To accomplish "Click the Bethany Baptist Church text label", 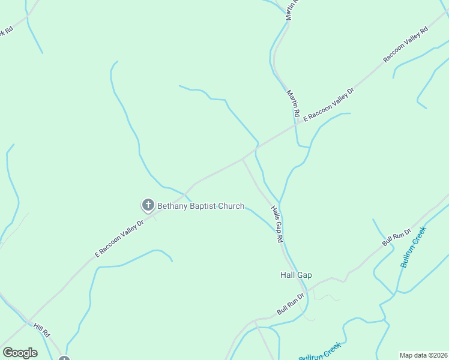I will (x=200, y=206).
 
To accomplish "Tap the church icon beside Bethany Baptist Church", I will (x=148, y=206).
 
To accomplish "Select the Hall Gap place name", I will (x=296, y=275).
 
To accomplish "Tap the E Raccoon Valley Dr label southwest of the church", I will (x=119, y=239).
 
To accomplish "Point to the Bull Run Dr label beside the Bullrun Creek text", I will (x=397, y=237).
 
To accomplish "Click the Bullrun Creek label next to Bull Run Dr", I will (x=414, y=247).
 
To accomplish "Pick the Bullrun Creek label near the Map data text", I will (x=320, y=352).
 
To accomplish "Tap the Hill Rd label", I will (x=41, y=329).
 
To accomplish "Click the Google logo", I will (x=20, y=353).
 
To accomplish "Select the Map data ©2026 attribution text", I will (x=423, y=355).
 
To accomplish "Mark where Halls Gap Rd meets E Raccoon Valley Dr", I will (x=243, y=159).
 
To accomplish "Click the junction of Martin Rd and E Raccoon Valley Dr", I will (x=297, y=124).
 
